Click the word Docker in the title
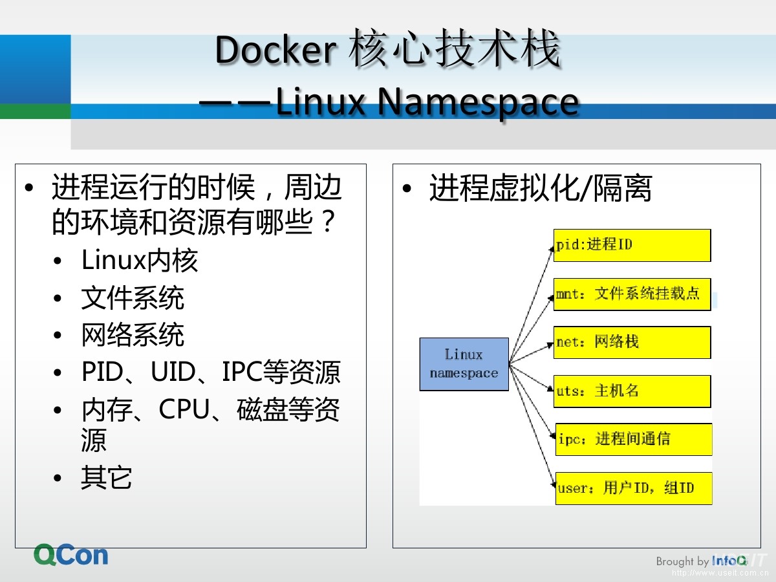[x=275, y=50]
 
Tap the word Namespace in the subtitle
[x=478, y=102]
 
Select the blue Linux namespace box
[x=464, y=364]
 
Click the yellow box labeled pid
[x=632, y=245]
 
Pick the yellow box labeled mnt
[x=632, y=294]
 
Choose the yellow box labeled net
[x=632, y=343]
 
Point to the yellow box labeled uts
[x=632, y=391]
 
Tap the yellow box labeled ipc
[x=634, y=439]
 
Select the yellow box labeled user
[x=634, y=488]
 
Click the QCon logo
[x=71, y=555]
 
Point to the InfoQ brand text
[x=729, y=561]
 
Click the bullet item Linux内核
[x=140, y=261]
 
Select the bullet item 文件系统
[x=133, y=298]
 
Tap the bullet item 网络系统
[x=133, y=335]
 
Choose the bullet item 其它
[x=107, y=478]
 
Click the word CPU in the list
[x=184, y=409]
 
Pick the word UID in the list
[x=173, y=372]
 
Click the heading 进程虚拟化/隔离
[x=541, y=188]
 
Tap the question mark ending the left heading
[x=329, y=221]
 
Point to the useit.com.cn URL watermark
[x=720, y=573]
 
